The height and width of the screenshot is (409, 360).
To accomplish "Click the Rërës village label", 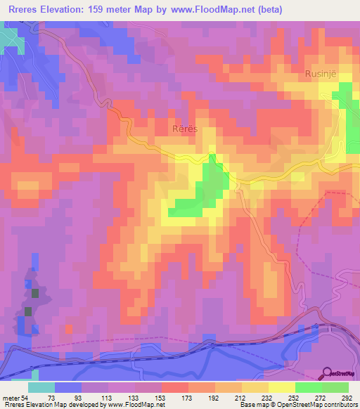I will pyautogui.click(x=186, y=129).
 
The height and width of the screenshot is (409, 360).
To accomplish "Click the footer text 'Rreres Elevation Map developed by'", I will pyautogui.click(x=55, y=404).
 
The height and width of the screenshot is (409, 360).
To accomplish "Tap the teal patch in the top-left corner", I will pyautogui.click(x=13, y=41).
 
